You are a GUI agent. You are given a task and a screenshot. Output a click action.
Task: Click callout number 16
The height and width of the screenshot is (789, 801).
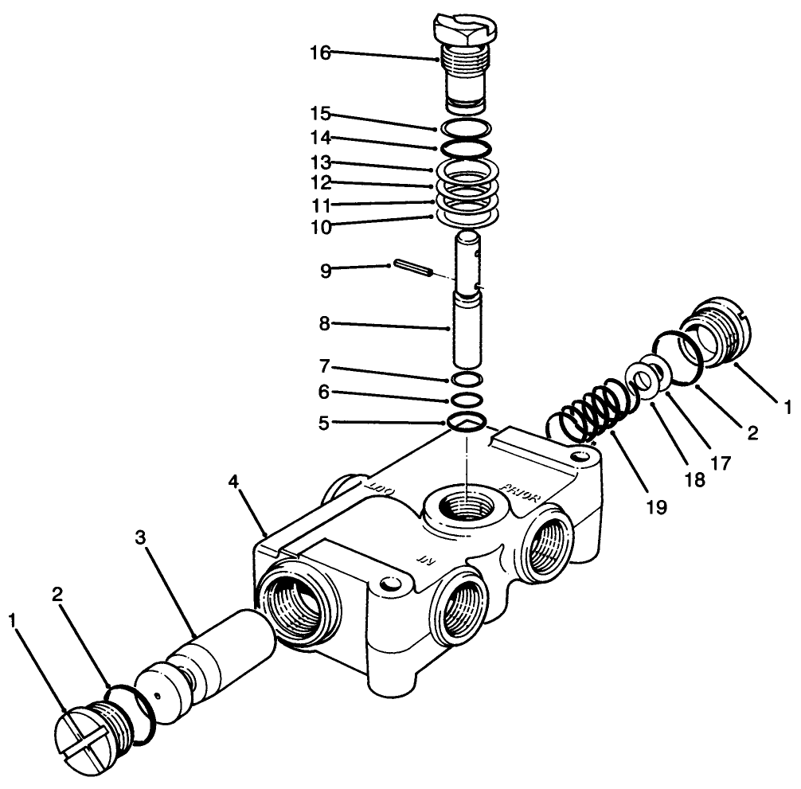tap(320, 53)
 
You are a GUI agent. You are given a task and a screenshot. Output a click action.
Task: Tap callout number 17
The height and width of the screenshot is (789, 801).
tap(718, 461)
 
